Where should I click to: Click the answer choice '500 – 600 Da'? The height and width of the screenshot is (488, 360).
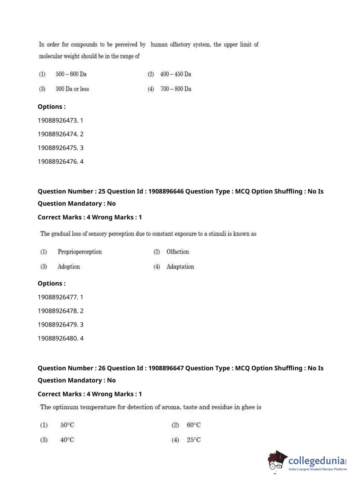[71, 74]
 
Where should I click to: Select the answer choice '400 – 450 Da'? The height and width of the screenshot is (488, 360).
[176, 74]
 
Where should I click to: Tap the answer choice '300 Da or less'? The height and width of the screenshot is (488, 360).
[72, 89]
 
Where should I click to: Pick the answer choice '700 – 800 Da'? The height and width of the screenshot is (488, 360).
[176, 89]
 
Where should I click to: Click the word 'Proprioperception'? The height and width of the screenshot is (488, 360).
[79, 252]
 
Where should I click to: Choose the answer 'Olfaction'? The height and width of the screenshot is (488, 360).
[177, 252]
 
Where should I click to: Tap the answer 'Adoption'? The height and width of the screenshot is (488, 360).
[68, 267]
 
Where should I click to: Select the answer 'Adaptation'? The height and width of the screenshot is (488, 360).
[180, 267]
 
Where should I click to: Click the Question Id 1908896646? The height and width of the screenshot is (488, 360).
[165, 191]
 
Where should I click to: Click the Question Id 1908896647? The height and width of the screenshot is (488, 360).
[165, 368]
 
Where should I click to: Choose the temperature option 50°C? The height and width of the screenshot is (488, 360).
[67, 425]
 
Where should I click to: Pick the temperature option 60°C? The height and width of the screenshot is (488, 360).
[193, 425]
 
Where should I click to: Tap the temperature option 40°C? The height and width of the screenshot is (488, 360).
[67, 440]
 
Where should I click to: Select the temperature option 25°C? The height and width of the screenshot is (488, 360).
[193, 440]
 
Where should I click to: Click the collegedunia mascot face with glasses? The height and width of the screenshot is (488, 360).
[276, 462]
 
